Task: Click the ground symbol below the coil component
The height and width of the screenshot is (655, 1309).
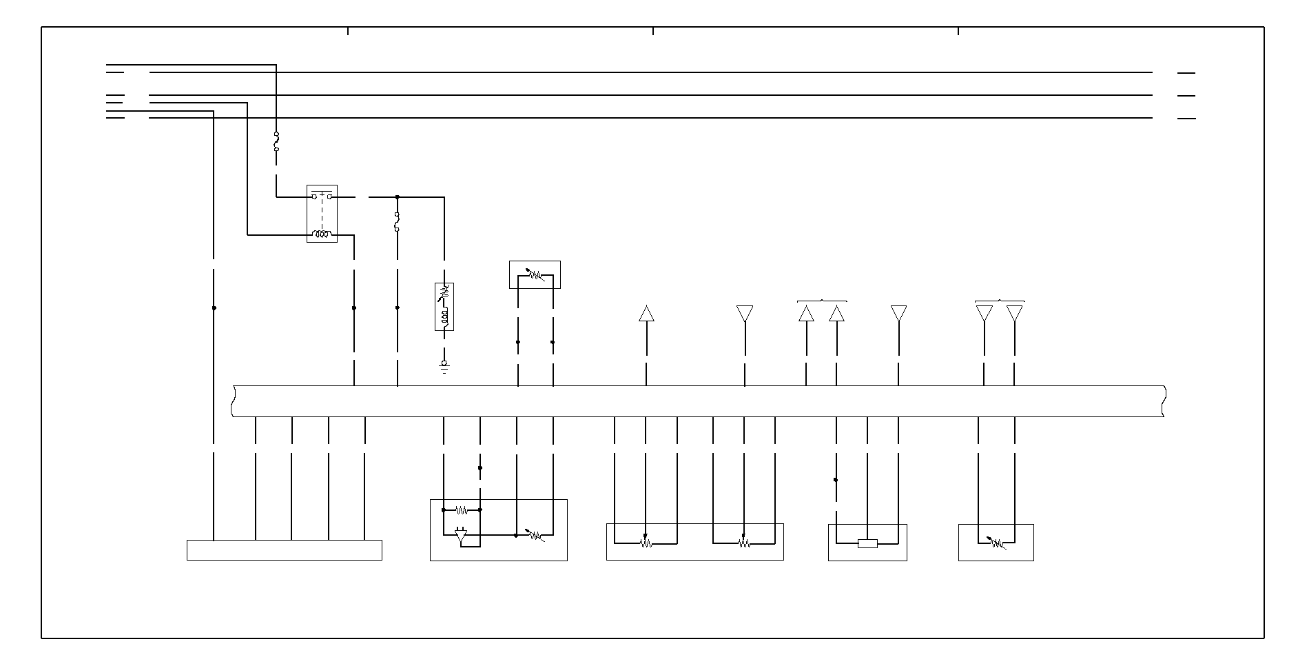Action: coord(444,366)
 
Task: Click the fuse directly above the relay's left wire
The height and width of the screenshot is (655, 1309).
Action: coord(276,141)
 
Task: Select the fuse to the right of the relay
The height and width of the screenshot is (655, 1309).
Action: coord(397,222)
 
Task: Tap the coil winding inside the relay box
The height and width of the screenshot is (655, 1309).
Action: coord(322,234)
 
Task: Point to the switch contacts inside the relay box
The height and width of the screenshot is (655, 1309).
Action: coord(322,196)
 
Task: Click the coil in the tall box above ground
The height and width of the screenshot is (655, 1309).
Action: coord(444,316)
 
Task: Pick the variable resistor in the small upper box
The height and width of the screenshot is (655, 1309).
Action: coord(535,274)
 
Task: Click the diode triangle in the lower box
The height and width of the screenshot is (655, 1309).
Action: coord(462,535)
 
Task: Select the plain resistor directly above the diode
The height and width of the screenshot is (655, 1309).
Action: coord(462,510)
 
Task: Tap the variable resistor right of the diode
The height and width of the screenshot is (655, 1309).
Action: coord(535,535)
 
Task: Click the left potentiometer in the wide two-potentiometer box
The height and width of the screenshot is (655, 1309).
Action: coord(646,543)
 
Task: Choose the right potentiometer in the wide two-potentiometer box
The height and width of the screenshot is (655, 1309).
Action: coord(744,543)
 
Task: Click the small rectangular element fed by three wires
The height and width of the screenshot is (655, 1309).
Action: coord(867,543)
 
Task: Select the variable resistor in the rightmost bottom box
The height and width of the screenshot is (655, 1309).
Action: coord(996,543)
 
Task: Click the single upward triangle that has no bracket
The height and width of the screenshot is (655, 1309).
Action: coord(646,314)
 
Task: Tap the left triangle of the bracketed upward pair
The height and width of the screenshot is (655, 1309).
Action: coord(806,314)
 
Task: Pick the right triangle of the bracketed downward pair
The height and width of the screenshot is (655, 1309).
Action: coord(1014,314)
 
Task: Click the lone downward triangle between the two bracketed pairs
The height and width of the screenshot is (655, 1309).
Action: coord(898,314)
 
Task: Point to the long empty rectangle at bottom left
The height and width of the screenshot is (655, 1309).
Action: coord(284,550)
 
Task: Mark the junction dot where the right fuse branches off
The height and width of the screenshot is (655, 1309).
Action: coord(397,197)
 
